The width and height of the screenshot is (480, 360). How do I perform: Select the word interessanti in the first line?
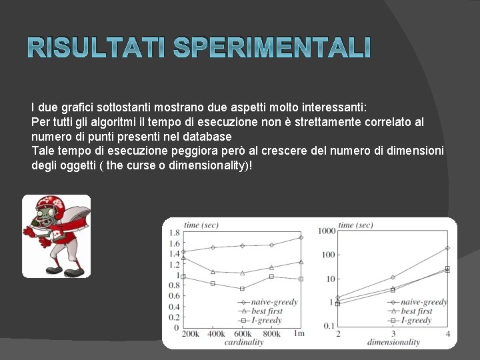coord(327,107)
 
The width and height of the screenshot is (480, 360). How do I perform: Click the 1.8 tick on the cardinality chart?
coord(175,232)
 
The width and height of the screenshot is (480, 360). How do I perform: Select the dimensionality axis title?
coord(393,342)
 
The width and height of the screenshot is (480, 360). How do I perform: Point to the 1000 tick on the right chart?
coord(327,231)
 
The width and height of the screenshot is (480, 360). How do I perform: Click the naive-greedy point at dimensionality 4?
coord(447,248)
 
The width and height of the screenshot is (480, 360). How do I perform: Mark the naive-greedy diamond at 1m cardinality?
coord(301,237)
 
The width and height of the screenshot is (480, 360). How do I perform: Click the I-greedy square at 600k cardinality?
coord(242,289)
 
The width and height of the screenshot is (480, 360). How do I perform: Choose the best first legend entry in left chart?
coord(267,311)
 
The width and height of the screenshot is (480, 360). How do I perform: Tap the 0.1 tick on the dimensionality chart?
coord(328,325)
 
